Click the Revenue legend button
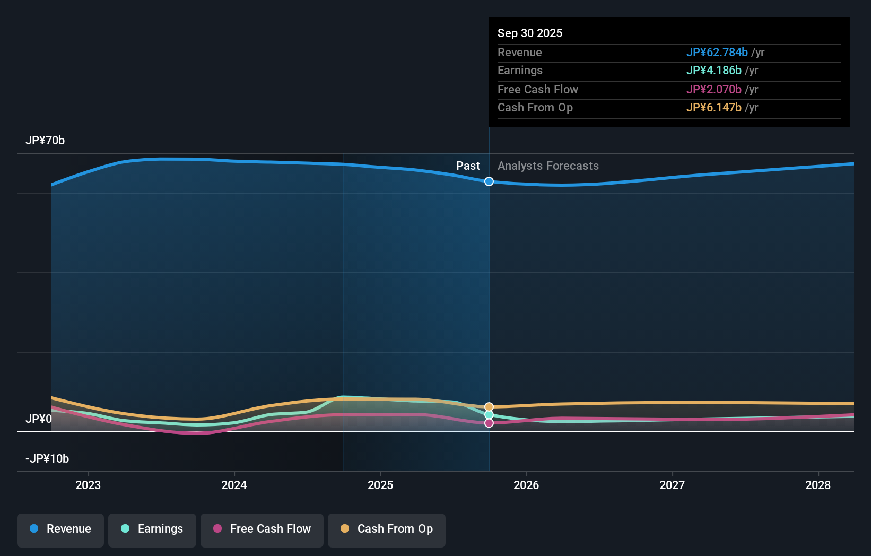(60, 529)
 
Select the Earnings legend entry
(152, 529)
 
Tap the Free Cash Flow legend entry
(262, 529)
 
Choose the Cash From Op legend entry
(387, 529)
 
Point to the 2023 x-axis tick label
(88, 485)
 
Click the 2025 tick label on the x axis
(380, 485)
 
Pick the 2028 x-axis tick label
(818, 485)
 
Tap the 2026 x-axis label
(526, 485)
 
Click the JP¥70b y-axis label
(45, 141)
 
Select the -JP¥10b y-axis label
(47, 458)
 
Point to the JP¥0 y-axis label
(39, 419)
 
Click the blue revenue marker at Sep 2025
(489, 181)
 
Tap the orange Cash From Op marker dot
(489, 407)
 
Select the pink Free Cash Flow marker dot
(489, 423)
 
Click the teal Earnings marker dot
(489, 415)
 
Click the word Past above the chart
(468, 166)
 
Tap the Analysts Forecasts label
(548, 166)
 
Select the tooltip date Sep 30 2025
(530, 33)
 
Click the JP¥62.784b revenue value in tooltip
(717, 52)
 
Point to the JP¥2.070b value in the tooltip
(713, 89)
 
